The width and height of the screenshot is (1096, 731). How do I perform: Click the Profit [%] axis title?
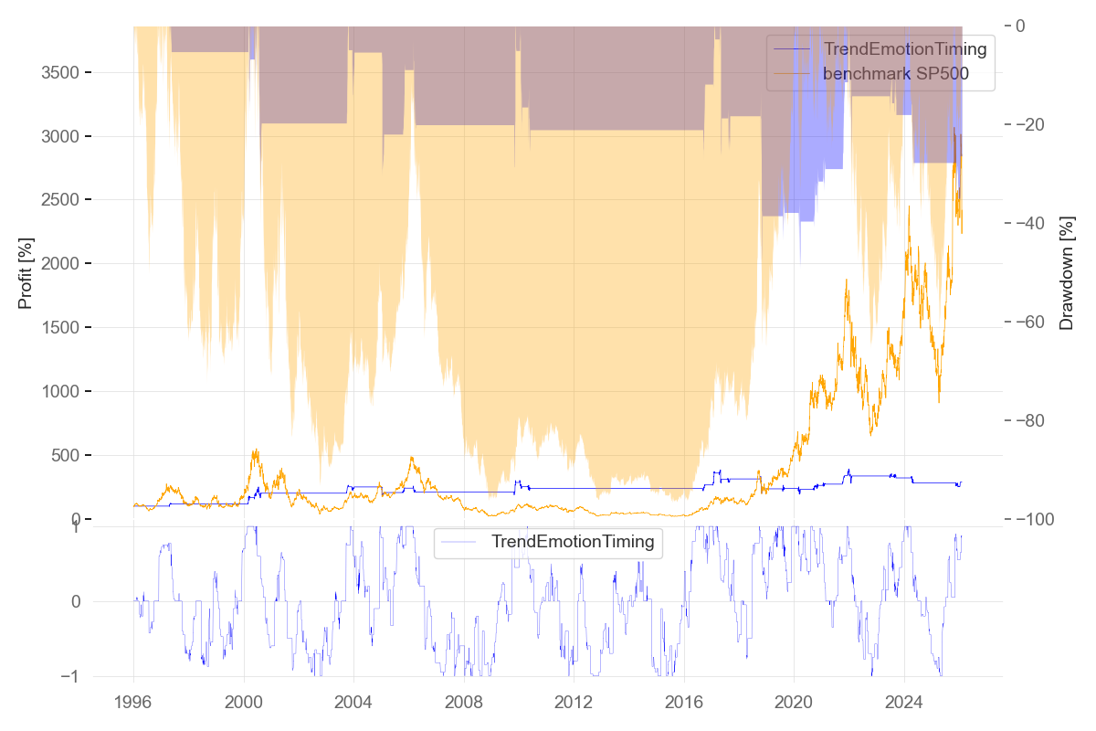[x=26, y=272]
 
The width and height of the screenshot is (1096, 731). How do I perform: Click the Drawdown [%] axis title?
[x=1066, y=272]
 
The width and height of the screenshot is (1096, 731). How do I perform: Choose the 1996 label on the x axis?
[x=133, y=704]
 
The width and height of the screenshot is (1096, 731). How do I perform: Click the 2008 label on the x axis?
[x=463, y=704]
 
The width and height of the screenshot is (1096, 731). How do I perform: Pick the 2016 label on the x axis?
[x=683, y=704]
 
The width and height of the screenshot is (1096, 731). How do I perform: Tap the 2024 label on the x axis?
[x=903, y=704]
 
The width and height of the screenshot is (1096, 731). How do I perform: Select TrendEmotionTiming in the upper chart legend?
[x=904, y=49]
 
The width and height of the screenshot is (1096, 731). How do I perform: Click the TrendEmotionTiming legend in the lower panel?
[x=573, y=542]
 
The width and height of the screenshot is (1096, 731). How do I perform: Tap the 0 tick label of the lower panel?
[x=75, y=601]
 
